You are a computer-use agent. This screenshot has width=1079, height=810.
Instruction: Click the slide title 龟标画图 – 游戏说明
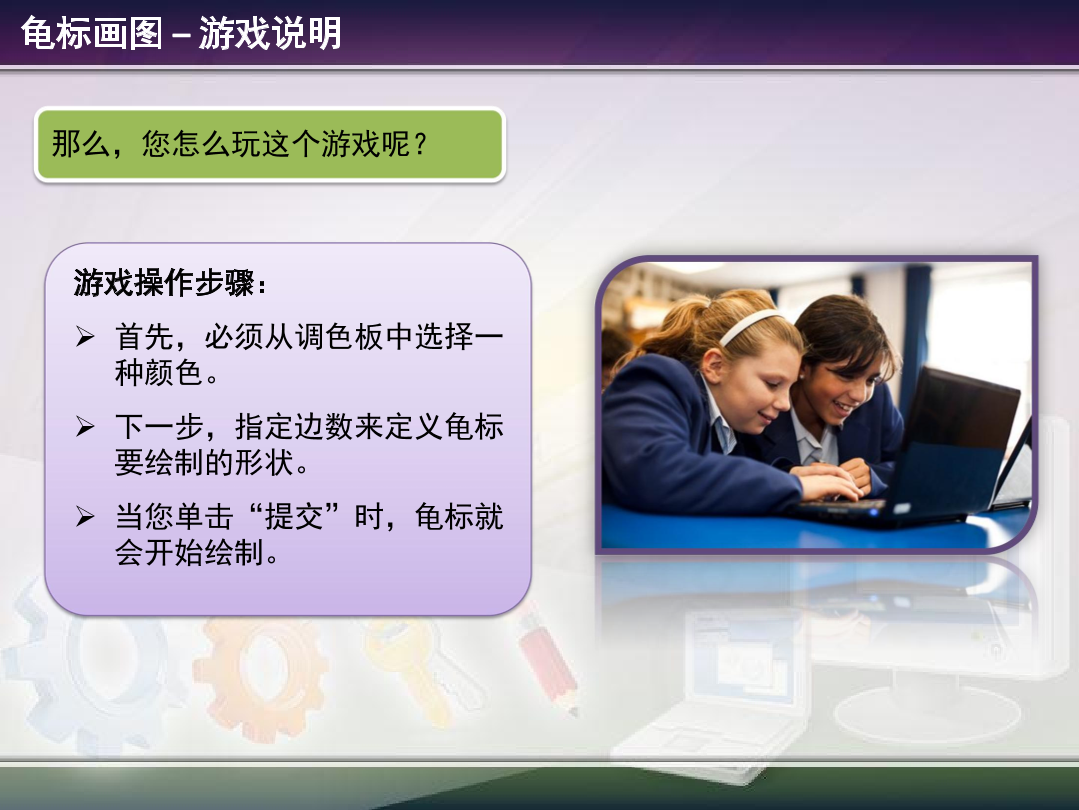tap(181, 32)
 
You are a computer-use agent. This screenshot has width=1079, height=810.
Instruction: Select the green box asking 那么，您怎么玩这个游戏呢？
tap(270, 145)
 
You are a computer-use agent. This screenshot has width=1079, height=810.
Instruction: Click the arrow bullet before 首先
tap(85, 336)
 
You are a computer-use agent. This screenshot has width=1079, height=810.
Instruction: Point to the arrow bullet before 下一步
tap(85, 426)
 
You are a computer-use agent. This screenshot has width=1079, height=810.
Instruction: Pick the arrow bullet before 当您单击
tap(85, 516)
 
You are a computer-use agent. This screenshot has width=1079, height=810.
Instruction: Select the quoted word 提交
tap(294, 517)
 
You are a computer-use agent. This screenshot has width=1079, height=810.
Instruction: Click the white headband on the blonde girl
tap(750, 325)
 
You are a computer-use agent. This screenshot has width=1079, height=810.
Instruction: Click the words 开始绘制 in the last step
tap(204, 552)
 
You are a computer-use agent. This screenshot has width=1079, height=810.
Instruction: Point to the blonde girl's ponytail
tap(660, 331)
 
